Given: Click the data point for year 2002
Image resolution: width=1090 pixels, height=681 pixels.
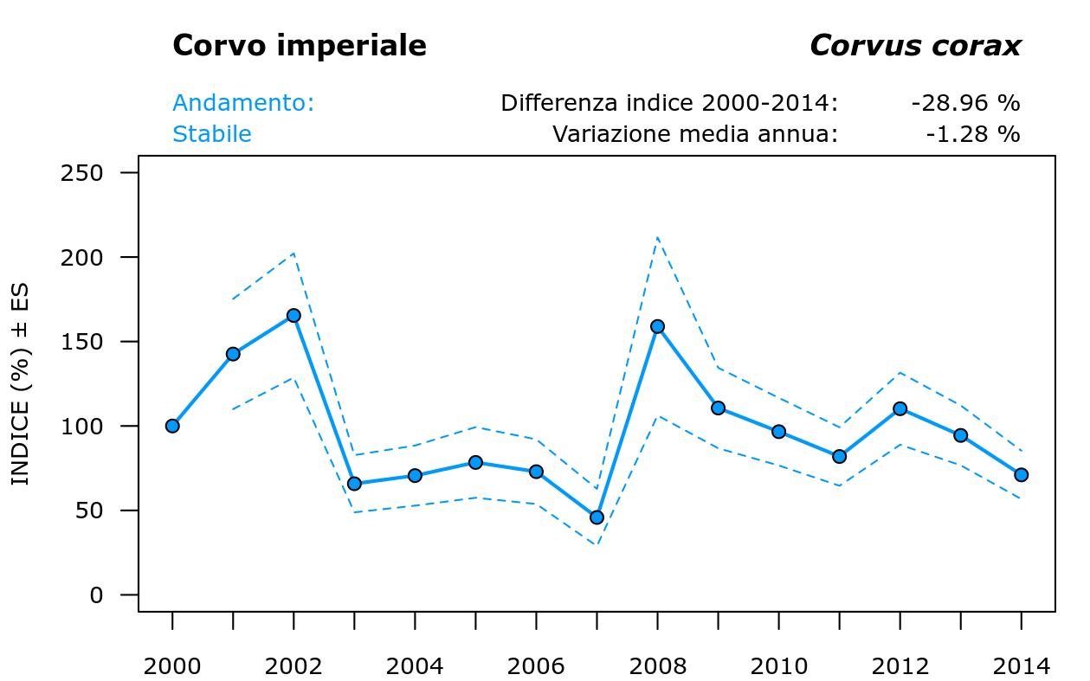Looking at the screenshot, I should tap(293, 316).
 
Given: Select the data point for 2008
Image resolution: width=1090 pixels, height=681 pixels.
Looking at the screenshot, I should tap(657, 326).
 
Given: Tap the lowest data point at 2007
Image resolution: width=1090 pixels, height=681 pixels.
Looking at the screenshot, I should tap(597, 517).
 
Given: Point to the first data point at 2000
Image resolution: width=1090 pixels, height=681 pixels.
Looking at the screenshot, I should tap(172, 426).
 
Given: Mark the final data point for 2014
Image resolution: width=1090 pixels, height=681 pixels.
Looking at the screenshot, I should tap(1021, 475).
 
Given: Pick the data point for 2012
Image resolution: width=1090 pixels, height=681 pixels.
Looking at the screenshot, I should tap(900, 408).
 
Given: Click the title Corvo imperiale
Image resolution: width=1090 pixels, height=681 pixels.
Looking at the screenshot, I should tap(299, 46).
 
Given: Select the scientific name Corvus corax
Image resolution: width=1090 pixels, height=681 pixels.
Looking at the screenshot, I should tap(914, 46).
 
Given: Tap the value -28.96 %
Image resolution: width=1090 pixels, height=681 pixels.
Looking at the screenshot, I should tap(965, 103).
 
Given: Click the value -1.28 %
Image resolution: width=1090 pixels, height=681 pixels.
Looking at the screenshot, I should tap(972, 134).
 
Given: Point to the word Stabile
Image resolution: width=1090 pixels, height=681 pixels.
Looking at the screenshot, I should tap(212, 134).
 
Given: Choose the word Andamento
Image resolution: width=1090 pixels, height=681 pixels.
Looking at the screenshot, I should tap(242, 103).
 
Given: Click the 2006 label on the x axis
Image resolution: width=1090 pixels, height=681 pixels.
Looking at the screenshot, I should tap(536, 666).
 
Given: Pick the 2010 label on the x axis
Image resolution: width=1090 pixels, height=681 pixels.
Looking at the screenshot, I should tap(778, 666).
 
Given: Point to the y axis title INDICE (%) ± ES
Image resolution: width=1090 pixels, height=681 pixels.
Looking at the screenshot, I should tap(21, 384).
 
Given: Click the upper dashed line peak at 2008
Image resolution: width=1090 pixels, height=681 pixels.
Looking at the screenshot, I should tap(657, 237).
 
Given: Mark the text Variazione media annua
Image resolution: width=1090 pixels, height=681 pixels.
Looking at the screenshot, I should tap(695, 134).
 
